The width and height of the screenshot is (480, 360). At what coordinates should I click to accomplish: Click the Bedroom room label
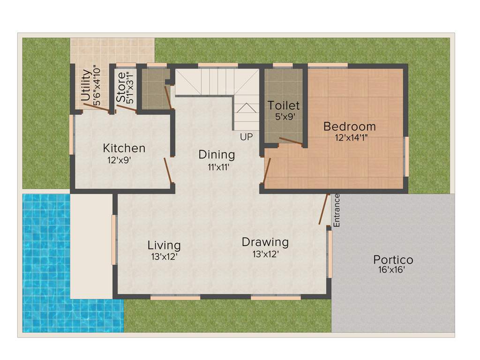(349, 127)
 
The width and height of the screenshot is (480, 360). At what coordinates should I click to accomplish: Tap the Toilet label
(284, 105)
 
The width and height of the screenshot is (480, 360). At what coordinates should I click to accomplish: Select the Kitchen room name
(124, 149)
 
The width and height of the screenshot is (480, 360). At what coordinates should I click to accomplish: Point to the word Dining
(217, 154)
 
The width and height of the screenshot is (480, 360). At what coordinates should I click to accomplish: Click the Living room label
(164, 245)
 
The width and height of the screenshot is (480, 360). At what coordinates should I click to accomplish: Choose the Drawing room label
(265, 242)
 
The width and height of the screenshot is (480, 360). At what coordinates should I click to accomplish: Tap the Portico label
(393, 259)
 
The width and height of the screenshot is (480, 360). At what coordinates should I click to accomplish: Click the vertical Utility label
(86, 85)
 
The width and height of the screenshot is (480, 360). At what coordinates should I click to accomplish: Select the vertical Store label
(121, 87)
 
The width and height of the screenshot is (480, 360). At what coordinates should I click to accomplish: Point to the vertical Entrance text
(336, 211)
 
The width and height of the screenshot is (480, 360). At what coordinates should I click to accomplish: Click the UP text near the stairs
(246, 137)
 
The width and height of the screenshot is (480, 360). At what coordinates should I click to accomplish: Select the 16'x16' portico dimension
(391, 270)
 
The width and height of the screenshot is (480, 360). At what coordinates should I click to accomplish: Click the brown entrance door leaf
(324, 209)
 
